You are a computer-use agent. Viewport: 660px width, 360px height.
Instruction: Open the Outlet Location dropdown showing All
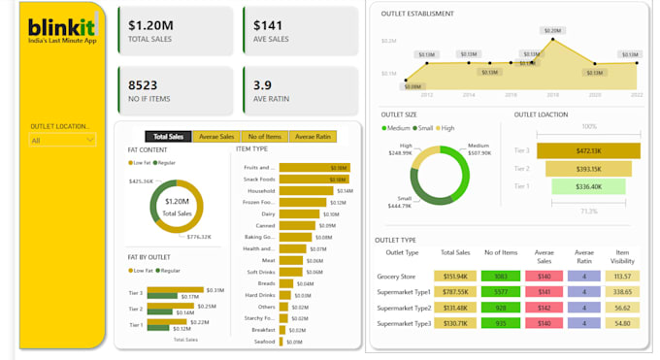pyautogui.click(x=63, y=141)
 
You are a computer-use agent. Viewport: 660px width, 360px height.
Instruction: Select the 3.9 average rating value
pyautogui.click(x=262, y=84)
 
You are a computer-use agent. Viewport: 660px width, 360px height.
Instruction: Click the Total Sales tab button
pyautogui.click(x=169, y=137)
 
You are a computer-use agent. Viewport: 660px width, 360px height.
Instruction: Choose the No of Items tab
pyautogui.click(x=264, y=137)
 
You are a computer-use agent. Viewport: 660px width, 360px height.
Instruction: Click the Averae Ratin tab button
pyautogui.click(x=313, y=137)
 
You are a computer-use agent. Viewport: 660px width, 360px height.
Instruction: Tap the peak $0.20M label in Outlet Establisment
pyautogui.click(x=552, y=31)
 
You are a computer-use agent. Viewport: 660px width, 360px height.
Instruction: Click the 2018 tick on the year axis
pyautogui.click(x=552, y=95)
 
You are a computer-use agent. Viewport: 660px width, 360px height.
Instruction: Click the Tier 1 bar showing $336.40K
pyautogui.click(x=576, y=186)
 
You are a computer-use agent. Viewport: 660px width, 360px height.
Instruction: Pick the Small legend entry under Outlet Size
pyautogui.click(x=424, y=128)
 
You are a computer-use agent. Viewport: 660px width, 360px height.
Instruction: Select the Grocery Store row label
pyautogui.click(x=397, y=276)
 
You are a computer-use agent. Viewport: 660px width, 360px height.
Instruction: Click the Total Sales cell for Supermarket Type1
pyautogui.click(x=455, y=291)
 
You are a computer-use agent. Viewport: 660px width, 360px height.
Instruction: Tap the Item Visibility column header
pyautogui.click(x=624, y=255)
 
